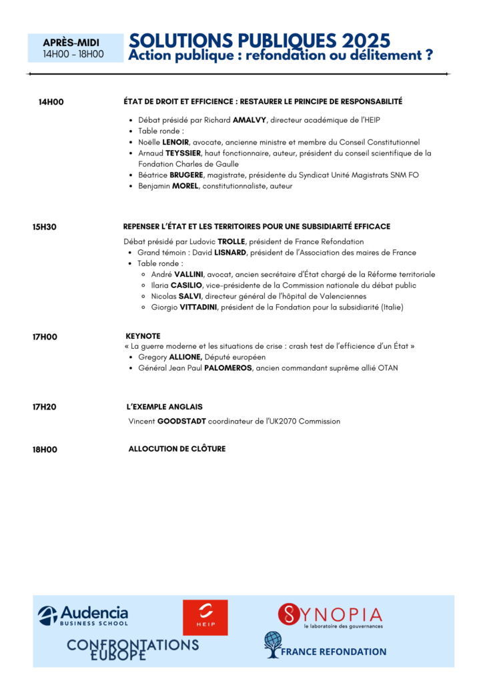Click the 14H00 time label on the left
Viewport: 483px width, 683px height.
click(x=51, y=102)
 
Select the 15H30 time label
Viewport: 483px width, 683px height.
click(x=45, y=227)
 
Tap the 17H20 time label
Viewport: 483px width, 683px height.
click(x=45, y=407)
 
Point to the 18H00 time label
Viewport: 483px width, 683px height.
click(x=45, y=450)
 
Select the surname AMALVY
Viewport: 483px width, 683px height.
click(x=248, y=121)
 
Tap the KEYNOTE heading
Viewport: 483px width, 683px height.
click(x=143, y=336)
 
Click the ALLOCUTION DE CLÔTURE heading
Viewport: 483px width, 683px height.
click(x=177, y=449)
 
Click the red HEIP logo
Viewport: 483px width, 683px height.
click(x=205, y=617)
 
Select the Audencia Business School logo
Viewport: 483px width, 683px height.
click(x=83, y=615)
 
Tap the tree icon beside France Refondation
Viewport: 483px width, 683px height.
click(x=272, y=645)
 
